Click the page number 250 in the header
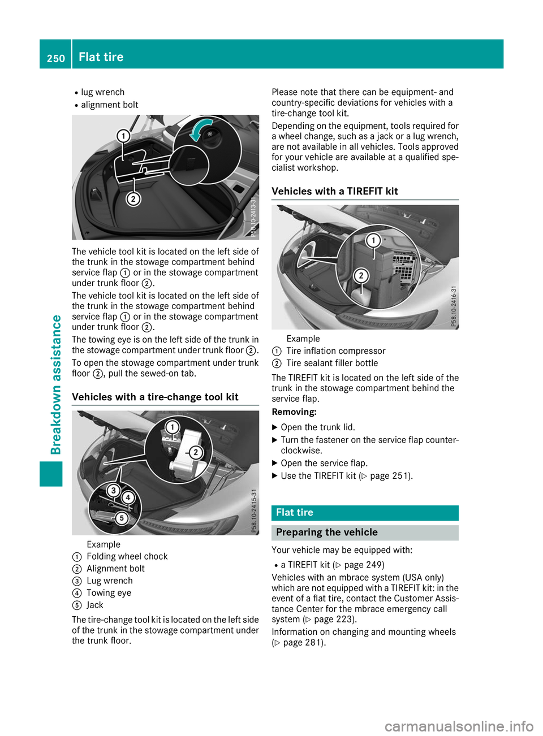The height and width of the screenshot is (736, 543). pyautogui.click(x=56, y=58)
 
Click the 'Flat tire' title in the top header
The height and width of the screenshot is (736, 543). pyautogui.click(x=101, y=57)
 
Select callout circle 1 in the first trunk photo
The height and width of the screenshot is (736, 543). pyautogui.click(x=123, y=136)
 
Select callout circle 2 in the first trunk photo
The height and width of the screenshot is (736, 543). pyautogui.click(x=133, y=198)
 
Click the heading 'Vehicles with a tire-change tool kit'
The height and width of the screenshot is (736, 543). pyautogui.click(x=155, y=397)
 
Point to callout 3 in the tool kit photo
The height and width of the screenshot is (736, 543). pyautogui.click(x=114, y=490)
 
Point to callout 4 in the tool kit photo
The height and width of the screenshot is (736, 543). pyautogui.click(x=128, y=497)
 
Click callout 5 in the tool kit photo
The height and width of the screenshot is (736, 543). pyautogui.click(x=121, y=518)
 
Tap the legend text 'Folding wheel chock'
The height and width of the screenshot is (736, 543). pyautogui.click(x=127, y=556)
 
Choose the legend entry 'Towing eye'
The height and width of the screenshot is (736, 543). pyautogui.click(x=109, y=592)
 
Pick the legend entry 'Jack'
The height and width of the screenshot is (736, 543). pyautogui.click(x=94, y=605)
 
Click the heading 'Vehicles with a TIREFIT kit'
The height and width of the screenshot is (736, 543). pyautogui.click(x=335, y=191)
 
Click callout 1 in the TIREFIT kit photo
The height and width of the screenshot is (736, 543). pyautogui.click(x=373, y=241)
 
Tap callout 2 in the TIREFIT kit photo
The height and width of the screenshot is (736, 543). pyautogui.click(x=361, y=275)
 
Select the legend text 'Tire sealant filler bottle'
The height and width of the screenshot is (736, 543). pyautogui.click(x=332, y=363)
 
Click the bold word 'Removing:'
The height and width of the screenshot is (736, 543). pyautogui.click(x=294, y=412)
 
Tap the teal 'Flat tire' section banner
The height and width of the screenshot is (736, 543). pyautogui.click(x=365, y=513)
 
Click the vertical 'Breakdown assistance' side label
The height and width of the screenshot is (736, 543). pyautogui.click(x=56, y=384)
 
